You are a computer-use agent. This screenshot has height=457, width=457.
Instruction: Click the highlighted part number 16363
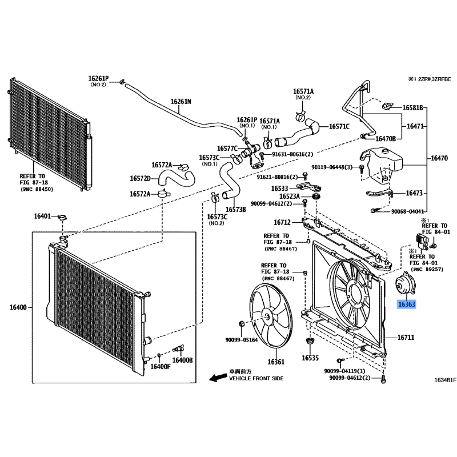point(407,304)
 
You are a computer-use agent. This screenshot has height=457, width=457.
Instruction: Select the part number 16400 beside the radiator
point(18,307)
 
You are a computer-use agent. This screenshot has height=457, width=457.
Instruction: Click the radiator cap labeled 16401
point(62,218)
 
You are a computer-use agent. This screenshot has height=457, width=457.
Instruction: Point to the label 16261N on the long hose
point(181,102)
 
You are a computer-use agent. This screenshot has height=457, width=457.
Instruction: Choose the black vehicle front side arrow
point(219,378)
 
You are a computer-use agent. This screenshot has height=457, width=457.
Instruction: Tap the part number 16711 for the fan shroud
point(406,338)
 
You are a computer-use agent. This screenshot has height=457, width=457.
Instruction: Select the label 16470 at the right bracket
point(439,158)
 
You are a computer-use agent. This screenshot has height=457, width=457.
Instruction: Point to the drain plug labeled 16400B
point(178,348)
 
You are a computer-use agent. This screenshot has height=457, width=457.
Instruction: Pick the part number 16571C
point(339,126)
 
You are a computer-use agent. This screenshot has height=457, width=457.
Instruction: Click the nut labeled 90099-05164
point(241,323)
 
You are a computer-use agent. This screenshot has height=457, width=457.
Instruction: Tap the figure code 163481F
point(445,380)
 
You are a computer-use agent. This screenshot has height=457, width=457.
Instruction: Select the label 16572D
point(140,178)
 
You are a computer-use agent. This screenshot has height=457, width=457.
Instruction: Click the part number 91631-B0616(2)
point(292,154)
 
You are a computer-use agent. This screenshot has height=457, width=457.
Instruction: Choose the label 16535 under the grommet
point(310,358)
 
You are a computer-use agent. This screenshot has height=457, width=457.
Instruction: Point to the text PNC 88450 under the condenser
point(37,190)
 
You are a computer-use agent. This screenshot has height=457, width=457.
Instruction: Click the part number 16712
point(282,222)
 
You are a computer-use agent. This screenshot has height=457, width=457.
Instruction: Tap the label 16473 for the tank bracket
point(414,193)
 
